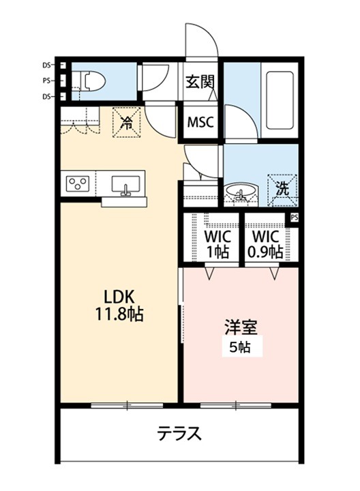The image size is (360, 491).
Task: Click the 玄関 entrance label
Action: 200,82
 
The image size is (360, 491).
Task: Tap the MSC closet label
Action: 200,123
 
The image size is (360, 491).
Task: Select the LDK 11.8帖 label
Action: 122,306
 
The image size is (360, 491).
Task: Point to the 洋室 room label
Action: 241,326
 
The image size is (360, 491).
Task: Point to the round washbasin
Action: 239,193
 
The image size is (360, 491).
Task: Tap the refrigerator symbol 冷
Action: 127,123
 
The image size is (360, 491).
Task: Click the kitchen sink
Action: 125,185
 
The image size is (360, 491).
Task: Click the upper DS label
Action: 46,66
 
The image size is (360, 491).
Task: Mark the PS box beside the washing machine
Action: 294,218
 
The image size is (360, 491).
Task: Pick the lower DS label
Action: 46,97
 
